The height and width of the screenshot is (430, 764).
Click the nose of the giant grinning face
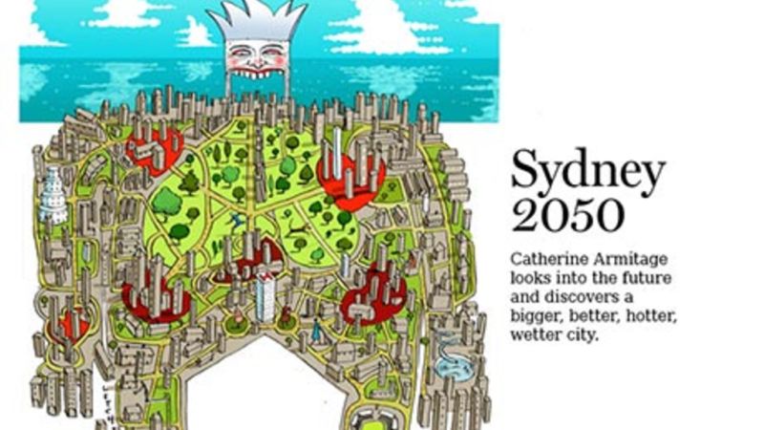coord(255,54)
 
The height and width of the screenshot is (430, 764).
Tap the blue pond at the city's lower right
coord(447,366)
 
